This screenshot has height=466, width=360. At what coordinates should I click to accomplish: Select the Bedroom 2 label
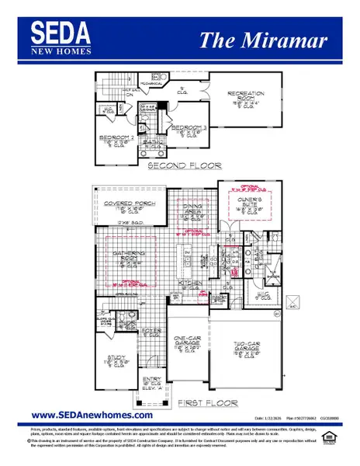coord(116,140)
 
